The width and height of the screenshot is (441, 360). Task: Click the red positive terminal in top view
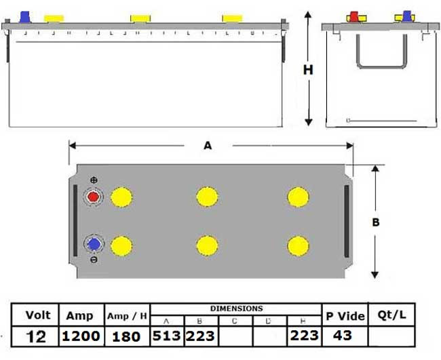click(x=92, y=197)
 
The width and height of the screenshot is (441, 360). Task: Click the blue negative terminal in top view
click(x=92, y=244)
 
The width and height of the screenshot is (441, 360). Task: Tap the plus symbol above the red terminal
click(x=93, y=180)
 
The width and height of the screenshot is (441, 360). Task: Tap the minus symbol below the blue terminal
click(x=93, y=260)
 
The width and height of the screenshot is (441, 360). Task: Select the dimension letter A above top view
click(x=208, y=144)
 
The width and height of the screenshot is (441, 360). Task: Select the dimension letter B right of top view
click(x=376, y=222)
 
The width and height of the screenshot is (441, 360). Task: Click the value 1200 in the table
click(x=81, y=336)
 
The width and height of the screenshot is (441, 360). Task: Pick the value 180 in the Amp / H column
click(x=127, y=336)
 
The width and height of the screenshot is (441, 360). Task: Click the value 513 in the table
click(x=166, y=336)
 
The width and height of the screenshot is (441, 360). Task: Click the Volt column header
click(x=37, y=315)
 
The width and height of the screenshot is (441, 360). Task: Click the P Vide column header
click(x=345, y=315)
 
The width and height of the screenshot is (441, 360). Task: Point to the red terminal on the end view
click(x=354, y=16)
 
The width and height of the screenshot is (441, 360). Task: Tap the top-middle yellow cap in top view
click(x=207, y=197)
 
